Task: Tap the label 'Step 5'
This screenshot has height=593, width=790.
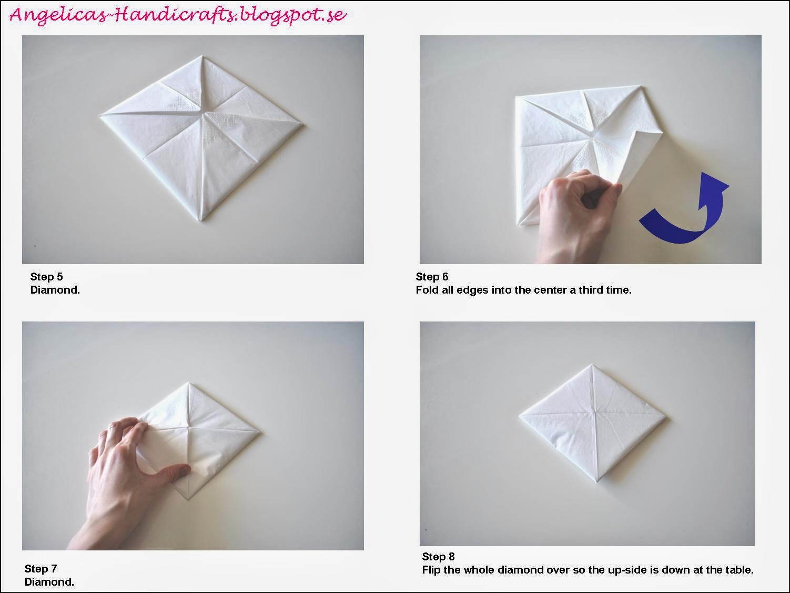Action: coord(46,277)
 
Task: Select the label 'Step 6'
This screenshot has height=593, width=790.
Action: coord(432,277)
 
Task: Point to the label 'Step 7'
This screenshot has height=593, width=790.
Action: coord(40,569)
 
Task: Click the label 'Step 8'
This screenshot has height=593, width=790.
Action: coord(438,557)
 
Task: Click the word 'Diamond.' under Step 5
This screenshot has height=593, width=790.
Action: coord(55,289)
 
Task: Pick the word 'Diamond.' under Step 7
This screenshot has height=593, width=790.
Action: coord(49,582)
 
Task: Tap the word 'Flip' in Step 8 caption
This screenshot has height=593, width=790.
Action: coord(431,570)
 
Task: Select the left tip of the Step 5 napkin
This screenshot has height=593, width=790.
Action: coord(100,114)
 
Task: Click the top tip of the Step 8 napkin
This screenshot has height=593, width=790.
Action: coord(592,364)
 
